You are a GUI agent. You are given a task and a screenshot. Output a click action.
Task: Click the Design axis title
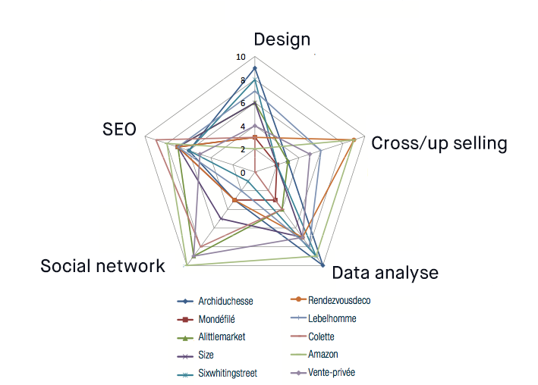(x=282, y=39)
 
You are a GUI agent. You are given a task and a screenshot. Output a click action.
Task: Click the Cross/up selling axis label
(x=439, y=143)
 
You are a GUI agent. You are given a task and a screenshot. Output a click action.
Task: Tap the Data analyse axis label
(x=385, y=273)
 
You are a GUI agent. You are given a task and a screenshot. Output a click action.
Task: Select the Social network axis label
(x=102, y=266)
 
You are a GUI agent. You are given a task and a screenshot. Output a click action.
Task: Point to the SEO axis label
(x=119, y=130)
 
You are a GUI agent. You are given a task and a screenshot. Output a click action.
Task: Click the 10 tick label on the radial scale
(x=241, y=58)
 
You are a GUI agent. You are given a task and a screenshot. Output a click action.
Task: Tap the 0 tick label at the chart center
(x=243, y=173)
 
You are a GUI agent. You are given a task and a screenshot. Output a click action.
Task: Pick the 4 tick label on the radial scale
(x=243, y=127)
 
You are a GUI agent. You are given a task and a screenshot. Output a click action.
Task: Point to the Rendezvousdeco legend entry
(x=338, y=300)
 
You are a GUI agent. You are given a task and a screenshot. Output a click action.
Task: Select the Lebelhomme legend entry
(x=332, y=318)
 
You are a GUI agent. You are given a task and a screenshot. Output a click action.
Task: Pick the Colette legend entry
(x=321, y=336)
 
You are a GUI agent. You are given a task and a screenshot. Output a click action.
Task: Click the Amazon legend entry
(x=322, y=354)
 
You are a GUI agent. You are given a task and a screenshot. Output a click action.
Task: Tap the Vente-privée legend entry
(x=332, y=372)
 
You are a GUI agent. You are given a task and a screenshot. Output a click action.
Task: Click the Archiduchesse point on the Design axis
(x=255, y=68)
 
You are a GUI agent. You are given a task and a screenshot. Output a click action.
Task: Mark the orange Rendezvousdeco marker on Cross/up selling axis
(x=354, y=140)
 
